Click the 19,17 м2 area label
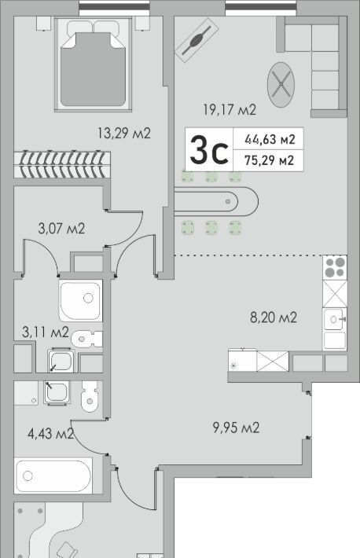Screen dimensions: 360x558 [230, 109]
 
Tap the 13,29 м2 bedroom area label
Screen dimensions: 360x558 [124, 133]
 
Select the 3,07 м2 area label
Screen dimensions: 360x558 [61, 228]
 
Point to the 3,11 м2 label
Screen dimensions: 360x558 [46, 332]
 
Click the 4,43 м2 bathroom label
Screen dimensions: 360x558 [50, 433]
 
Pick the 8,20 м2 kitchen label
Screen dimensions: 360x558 [274, 317]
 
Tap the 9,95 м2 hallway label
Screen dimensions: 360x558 [236, 427]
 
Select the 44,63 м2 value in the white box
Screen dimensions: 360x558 [270, 139]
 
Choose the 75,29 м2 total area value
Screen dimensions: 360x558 [270, 160]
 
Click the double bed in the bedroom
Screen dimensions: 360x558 [93, 64]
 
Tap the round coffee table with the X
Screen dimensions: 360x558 [281, 85]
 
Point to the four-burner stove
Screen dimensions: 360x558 [335, 268]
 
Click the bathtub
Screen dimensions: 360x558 [53, 475]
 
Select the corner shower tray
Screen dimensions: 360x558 [81, 301]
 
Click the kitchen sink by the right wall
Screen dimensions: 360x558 [335, 321]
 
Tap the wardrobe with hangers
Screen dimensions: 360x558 [62, 165]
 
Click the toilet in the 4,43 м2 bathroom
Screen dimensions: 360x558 [90, 396]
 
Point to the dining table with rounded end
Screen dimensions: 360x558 [216, 202]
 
